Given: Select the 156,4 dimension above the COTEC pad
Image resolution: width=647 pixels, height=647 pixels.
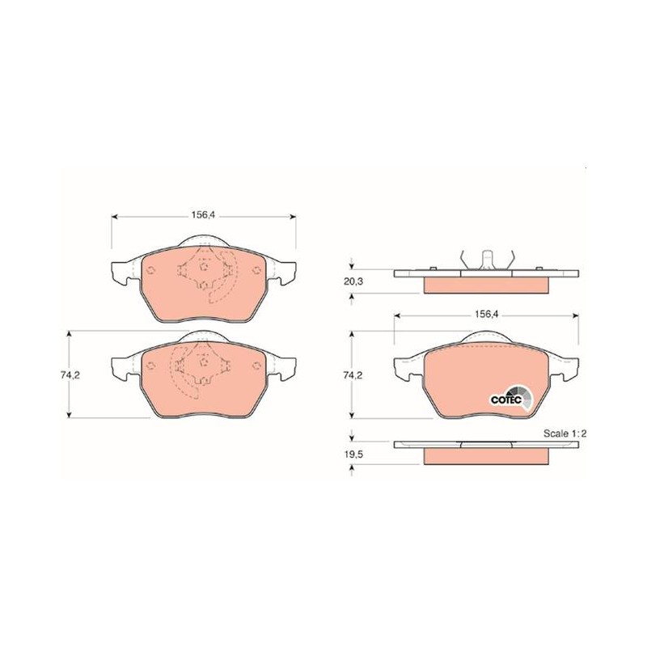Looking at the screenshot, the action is (x=487, y=314).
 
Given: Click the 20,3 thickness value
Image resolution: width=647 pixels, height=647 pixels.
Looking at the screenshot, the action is (x=353, y=281).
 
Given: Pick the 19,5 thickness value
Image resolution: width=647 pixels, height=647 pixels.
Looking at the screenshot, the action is (x=353, y=455).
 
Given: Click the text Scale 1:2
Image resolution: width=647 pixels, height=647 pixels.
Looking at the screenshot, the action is (x=565, y=433).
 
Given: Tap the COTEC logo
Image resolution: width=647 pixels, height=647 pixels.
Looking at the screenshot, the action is (x=512, y=398).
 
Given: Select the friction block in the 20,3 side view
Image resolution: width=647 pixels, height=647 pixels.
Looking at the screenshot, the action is (x=487, y=285).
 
